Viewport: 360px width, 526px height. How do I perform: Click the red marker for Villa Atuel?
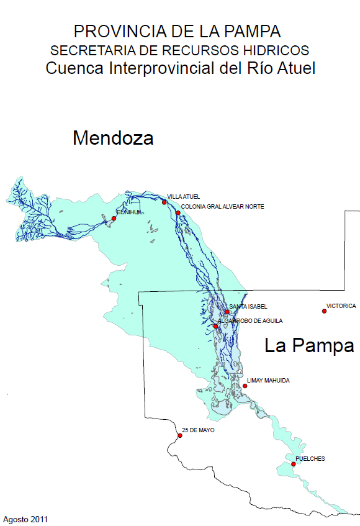click(164, 202)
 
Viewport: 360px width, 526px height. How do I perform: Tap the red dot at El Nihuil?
click(114, 218)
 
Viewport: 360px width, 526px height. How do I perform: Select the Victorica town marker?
click(324, 311)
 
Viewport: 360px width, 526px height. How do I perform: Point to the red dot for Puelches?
click(293, 464)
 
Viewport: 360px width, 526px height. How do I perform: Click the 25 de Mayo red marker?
click(180, 435)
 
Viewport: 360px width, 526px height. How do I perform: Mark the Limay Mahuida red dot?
click(245, 386)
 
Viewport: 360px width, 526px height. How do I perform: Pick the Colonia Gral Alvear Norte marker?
click(178, 213)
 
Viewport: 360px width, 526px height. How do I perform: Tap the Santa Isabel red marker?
click(227, 312)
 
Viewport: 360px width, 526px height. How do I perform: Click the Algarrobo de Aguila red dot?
click(215, 326)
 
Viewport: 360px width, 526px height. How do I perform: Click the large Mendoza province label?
click(113, 138)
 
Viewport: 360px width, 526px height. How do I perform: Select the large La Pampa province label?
click(308, 345)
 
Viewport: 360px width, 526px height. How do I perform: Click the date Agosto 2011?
click(25, 519)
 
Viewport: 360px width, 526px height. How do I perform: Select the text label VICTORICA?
click(341, 306)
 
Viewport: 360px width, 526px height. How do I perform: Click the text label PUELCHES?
click(310, 459)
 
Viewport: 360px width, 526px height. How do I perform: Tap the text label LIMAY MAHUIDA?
click(268, 380)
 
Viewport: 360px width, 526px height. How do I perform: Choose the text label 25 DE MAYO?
click(199, 430)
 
